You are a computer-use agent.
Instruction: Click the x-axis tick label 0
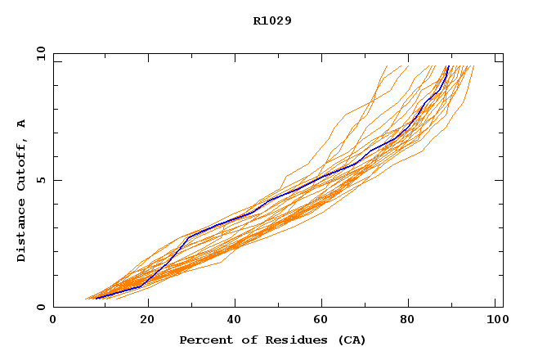(x=53, y=320)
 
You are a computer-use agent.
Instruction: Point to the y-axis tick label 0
(x=40, y=308)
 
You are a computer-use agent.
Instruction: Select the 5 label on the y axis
(x=40, y=180)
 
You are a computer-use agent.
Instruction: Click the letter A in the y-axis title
(x=22, y=124)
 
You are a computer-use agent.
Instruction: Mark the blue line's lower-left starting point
(x=96, y=298)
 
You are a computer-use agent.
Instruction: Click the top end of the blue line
(x=448, y=65)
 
